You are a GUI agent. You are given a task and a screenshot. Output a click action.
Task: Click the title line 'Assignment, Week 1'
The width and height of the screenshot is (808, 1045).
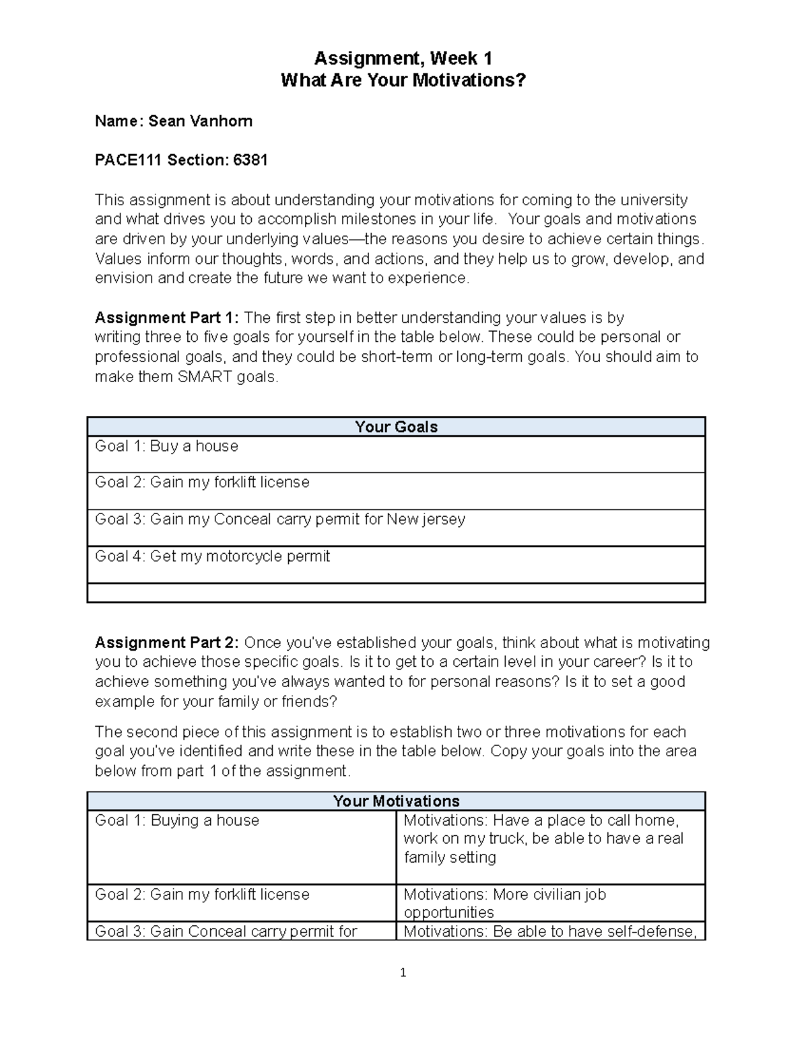coord(403,58)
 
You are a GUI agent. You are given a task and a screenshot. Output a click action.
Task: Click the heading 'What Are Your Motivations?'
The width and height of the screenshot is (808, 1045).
coord(403,80)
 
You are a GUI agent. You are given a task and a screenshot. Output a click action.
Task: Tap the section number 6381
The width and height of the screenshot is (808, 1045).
coord(250,160)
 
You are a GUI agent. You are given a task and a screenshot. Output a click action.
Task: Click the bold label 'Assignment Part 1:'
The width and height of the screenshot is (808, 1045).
coord(167,318)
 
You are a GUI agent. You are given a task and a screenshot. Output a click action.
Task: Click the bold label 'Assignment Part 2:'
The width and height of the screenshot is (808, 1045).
coord(167,643)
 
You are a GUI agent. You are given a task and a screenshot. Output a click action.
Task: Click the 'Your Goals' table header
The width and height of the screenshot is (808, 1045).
coord(396,427)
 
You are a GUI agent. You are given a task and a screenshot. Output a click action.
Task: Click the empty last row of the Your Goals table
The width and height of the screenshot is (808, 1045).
coord(396,593)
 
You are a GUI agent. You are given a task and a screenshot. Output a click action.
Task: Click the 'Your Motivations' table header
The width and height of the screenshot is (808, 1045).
coord(396,801)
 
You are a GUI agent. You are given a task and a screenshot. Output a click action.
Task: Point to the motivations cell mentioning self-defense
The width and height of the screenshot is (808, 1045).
coord(550,931)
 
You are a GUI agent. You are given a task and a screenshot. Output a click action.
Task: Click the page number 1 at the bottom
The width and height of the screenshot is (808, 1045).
coord(403,972)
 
